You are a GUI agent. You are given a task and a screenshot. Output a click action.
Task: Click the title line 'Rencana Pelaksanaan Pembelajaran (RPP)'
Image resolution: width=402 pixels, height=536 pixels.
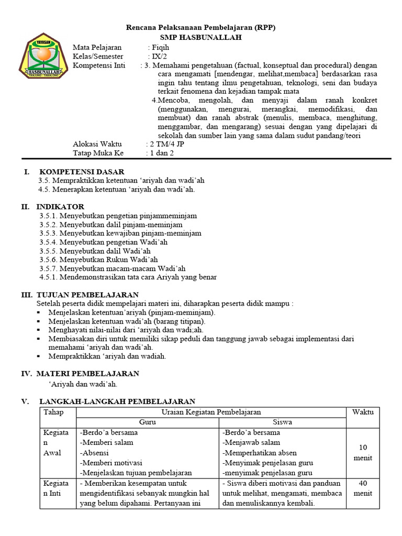(x=202, y=28)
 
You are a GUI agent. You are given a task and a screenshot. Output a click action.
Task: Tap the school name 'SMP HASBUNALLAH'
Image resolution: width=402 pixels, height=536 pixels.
(x=202, y=38)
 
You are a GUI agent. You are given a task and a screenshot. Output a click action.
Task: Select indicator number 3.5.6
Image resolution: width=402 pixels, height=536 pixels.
(x=49, y=259)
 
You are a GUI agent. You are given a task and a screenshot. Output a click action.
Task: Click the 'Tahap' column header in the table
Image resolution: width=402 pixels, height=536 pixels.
(x=53, y=412)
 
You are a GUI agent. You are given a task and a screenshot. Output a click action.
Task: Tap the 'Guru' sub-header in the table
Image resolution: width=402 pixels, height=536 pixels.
(x=147, y=422)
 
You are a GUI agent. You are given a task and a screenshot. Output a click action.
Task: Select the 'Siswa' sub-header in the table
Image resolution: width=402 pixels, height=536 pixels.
(x=283, y=422)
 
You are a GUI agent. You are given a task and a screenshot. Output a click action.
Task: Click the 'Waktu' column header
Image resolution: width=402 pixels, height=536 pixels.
(x=363, y=412)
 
